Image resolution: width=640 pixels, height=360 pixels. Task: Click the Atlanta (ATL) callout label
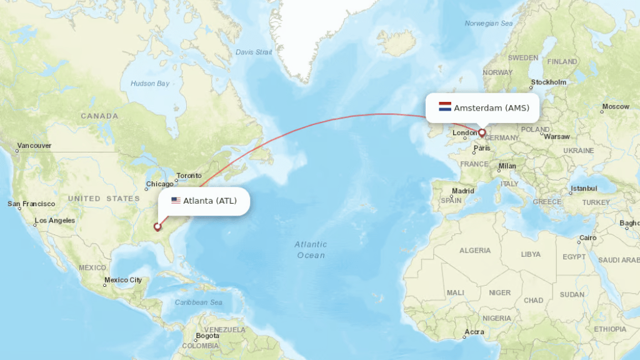click(209, 201)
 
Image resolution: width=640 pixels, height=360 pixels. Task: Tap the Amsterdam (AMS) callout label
click(491, 107)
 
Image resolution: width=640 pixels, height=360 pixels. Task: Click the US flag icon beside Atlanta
click(176, 201)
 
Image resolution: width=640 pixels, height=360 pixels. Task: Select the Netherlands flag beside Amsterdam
click(445, 107)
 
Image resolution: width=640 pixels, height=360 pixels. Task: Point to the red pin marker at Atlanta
click(157, 227)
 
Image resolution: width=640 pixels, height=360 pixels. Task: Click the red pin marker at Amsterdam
click(482, 132)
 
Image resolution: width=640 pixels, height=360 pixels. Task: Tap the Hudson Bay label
click(150, 83)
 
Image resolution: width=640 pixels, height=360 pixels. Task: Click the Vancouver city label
click(34, 146)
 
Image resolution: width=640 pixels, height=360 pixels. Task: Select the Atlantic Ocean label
click(311, 249)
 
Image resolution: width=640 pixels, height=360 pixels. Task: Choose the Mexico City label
click(123, 280)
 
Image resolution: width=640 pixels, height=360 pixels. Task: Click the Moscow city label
click(616, 106)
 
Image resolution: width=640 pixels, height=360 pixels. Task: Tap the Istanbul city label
click(584, 188)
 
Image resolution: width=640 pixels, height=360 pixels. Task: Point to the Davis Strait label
click(254, 52)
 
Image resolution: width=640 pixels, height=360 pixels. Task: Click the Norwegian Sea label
click(488, 23)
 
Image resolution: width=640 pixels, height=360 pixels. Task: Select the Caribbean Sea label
click(199, 302)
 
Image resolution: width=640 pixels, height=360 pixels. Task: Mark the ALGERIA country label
click(475, 250)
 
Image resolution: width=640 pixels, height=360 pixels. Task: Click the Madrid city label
click(463, 191)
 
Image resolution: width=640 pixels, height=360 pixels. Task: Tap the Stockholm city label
click(549, 82)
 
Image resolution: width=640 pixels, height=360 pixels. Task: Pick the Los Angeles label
click(55, 220)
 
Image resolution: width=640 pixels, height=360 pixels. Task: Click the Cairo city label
click(587, 238)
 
